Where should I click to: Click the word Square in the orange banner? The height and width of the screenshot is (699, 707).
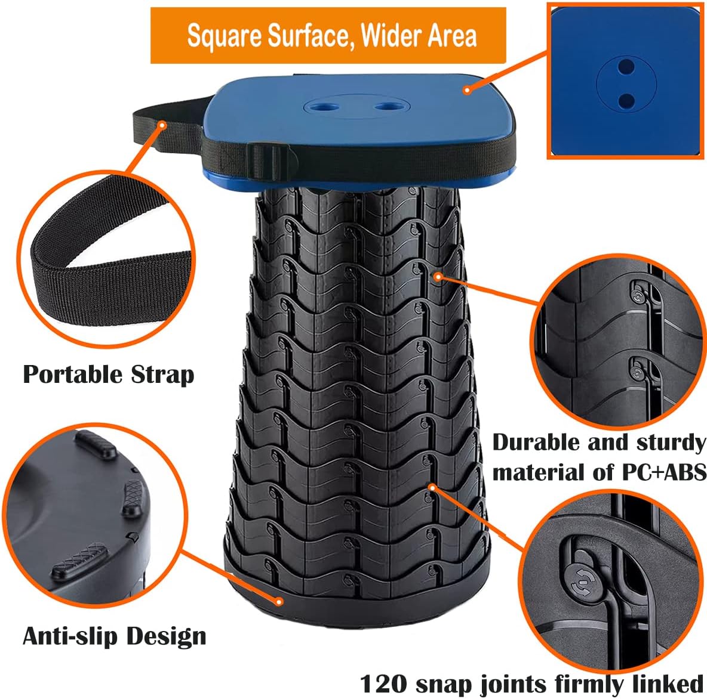[225, 36]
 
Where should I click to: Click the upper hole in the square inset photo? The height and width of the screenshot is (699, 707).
[625, 67]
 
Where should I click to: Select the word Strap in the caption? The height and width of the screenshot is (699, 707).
[163, 375]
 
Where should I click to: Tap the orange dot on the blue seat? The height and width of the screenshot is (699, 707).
[468, 90]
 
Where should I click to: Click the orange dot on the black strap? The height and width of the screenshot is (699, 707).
[162, 124]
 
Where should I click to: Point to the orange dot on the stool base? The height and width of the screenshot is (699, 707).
[279, 601]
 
